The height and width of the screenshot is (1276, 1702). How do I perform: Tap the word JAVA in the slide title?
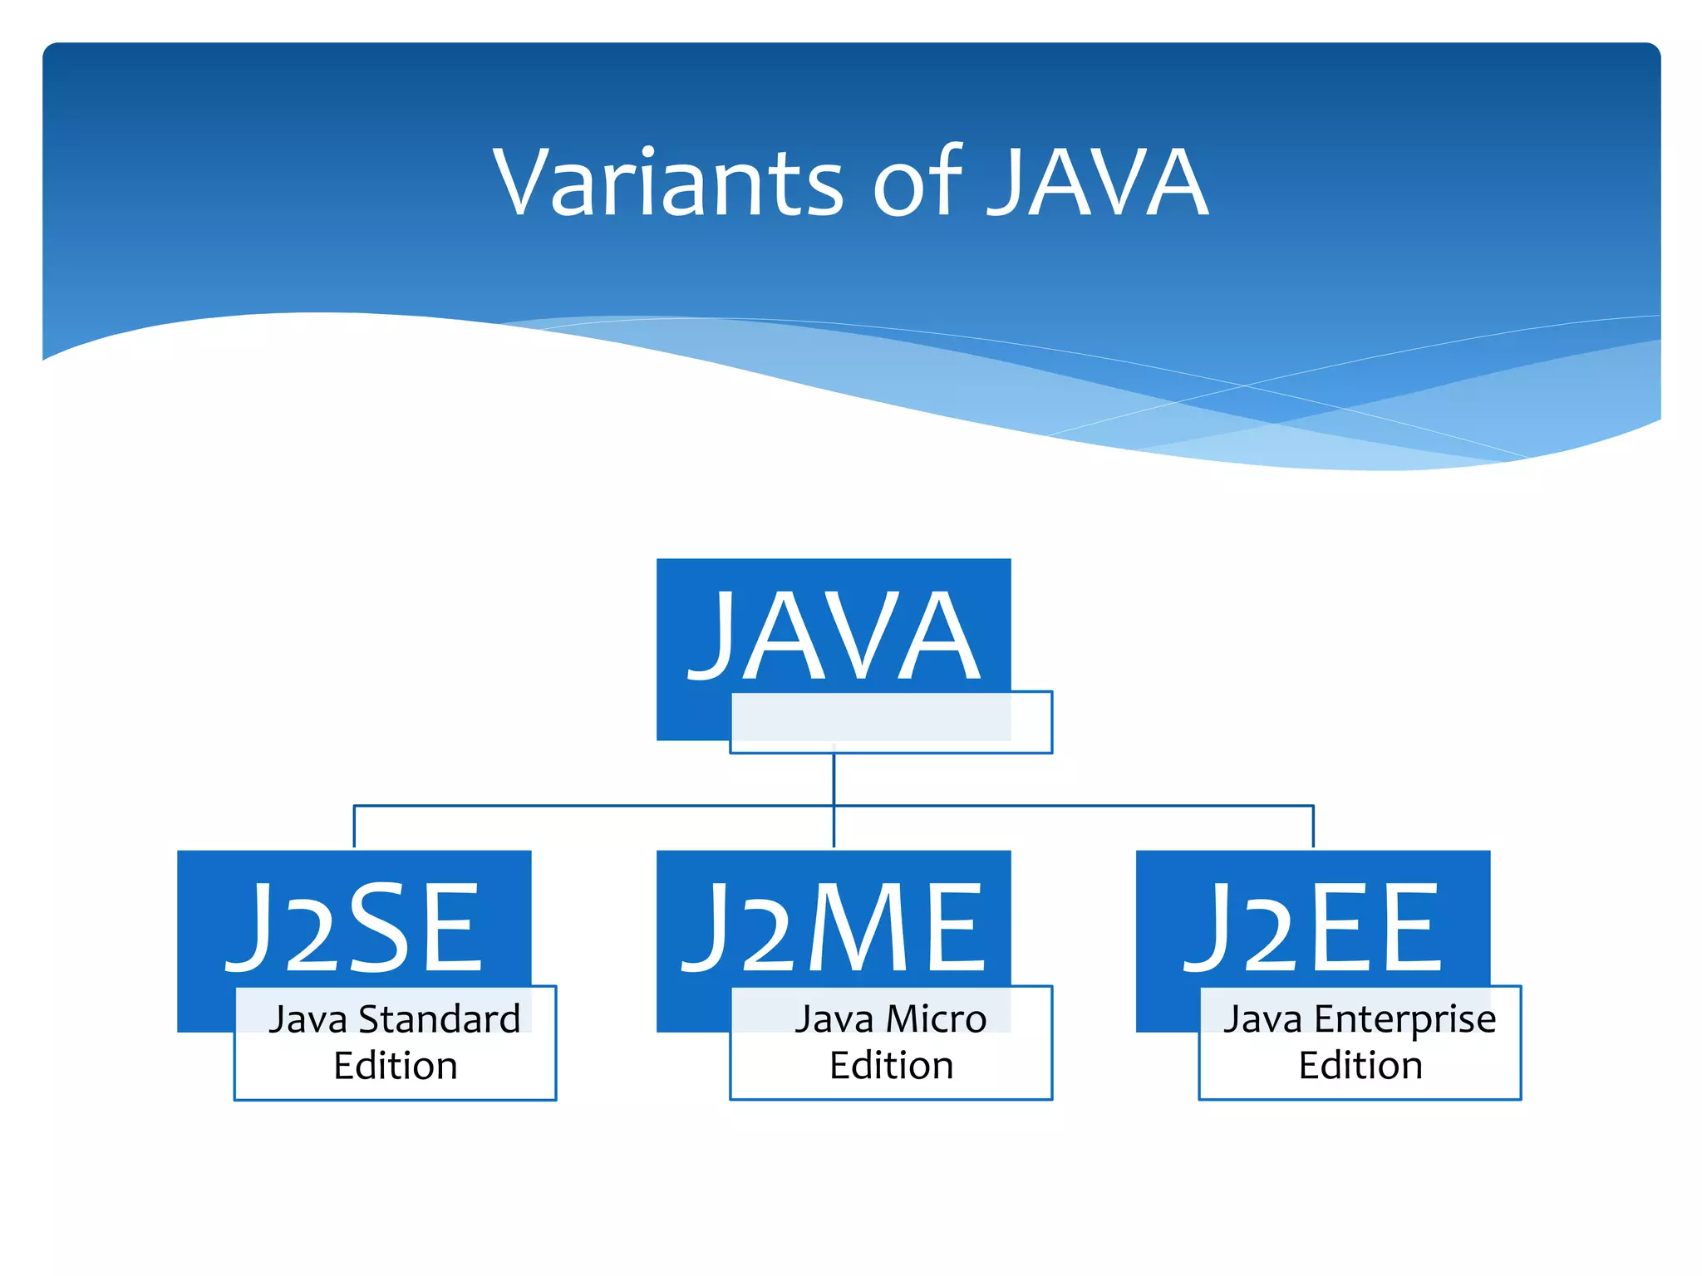[x=1099, y=183]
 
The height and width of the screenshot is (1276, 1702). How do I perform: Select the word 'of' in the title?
[x=918, y=183]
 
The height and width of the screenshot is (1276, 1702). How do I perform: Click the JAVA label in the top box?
[x=834, y=636]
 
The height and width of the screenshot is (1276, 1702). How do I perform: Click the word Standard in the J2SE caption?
[x=440, y=1019]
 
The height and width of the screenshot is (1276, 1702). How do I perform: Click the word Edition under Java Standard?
[x=396, y=1066]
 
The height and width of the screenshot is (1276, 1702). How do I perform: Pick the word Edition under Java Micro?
[x=891, y=1066]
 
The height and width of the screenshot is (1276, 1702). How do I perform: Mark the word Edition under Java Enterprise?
[x=1360, y=1066]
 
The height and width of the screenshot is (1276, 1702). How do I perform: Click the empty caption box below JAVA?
[x=891, y=723]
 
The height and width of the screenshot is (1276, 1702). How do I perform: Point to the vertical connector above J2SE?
[x=354, y=827]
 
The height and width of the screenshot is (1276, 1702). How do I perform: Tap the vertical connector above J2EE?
[x=1313, y=827]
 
